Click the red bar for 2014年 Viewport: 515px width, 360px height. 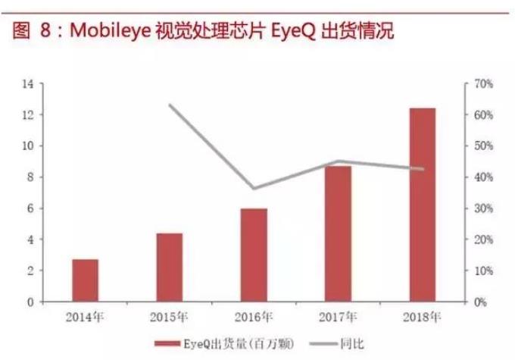[x=86, y=280]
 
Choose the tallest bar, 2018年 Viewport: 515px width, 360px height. [x=423, y=205]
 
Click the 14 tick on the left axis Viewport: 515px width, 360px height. [x=28, y=83]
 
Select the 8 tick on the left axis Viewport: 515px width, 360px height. [x=30, y=177]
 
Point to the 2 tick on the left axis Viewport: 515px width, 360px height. [x=30, y=271]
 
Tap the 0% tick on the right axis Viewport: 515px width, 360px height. [x=482, y=302]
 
